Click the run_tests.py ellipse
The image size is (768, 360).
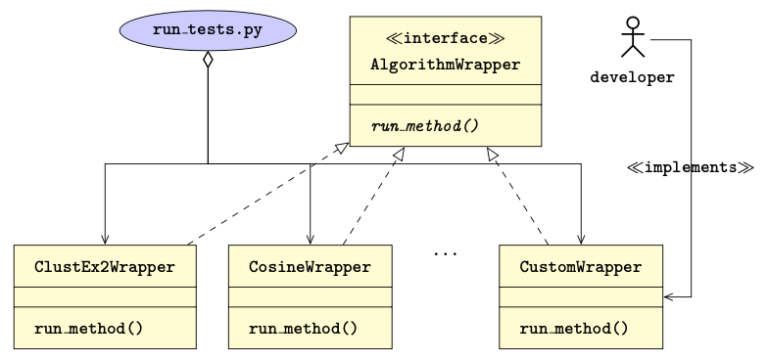click(208, 30)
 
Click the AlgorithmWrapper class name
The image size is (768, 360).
click(445, 66)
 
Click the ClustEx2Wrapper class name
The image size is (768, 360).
click(104, 267)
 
